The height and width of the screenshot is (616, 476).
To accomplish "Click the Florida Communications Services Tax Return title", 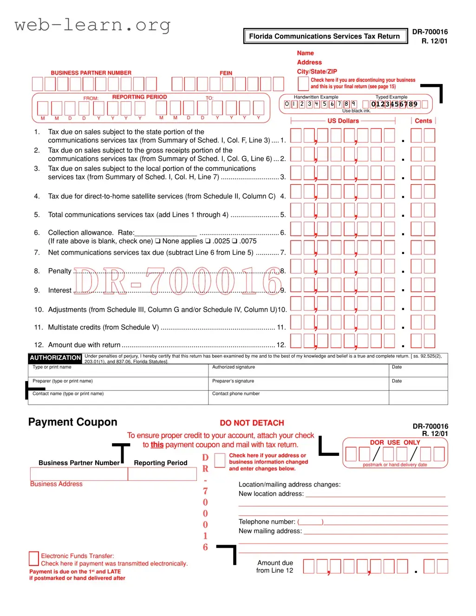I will [x=324, y=36].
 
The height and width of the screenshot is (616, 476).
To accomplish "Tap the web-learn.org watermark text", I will [x=92, y=25].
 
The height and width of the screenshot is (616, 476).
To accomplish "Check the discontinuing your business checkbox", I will [x=303, y=84].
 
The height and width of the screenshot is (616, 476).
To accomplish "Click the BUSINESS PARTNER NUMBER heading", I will [x=91, y=73].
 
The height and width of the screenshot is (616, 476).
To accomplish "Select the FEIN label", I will [x=226, y=73].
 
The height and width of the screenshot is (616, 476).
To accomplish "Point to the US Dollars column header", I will [x=343, y=121].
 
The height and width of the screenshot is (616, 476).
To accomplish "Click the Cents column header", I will [x=423, y=121].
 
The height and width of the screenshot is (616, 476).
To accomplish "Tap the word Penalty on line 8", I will [x=60, y=271].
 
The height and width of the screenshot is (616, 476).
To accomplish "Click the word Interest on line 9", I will [x=60, y=291].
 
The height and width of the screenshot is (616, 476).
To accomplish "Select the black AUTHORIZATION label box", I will [x=55, y=358].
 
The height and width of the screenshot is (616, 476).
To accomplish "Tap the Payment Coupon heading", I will [x=73, y=422].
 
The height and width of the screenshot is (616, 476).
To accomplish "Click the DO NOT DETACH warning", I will [x=252, y=423].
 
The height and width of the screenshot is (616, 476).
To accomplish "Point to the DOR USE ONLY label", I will [x=395, y=442].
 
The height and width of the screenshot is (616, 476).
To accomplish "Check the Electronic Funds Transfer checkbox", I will [x=34, y=558].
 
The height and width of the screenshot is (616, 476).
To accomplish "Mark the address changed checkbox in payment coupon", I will [x=220, y=460].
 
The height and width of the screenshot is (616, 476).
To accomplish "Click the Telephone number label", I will [x=267, y=522].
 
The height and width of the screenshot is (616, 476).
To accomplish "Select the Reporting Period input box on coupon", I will [x=162, y=474].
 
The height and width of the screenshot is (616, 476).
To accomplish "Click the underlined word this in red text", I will [x=157, y=445].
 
